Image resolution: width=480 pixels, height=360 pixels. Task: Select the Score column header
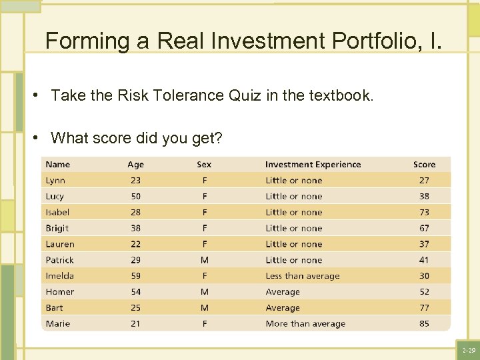(424, 165)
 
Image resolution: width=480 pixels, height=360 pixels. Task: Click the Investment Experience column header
(313, 165)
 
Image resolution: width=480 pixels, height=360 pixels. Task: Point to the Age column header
(135, 165)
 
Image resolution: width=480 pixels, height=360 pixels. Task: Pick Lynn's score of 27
(424, 181)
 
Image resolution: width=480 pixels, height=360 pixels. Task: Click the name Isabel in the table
(57, 212)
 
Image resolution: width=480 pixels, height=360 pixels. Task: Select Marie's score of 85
(424, 324)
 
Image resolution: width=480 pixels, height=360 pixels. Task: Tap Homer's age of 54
(135, 292)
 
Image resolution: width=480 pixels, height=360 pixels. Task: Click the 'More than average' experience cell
(305, 324)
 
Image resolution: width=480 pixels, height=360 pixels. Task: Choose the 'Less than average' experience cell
(303, 276)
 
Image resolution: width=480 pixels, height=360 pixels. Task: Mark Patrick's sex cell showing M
(204, 260)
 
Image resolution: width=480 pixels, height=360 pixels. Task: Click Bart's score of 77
(424, 308)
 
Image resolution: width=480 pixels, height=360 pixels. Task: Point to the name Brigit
(57, 228)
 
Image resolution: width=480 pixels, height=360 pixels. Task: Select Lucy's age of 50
(135, 197)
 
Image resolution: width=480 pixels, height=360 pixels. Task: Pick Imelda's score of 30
(424, 276)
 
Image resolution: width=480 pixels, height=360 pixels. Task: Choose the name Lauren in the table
(60, 244)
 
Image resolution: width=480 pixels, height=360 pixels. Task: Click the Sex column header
(204, 165)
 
